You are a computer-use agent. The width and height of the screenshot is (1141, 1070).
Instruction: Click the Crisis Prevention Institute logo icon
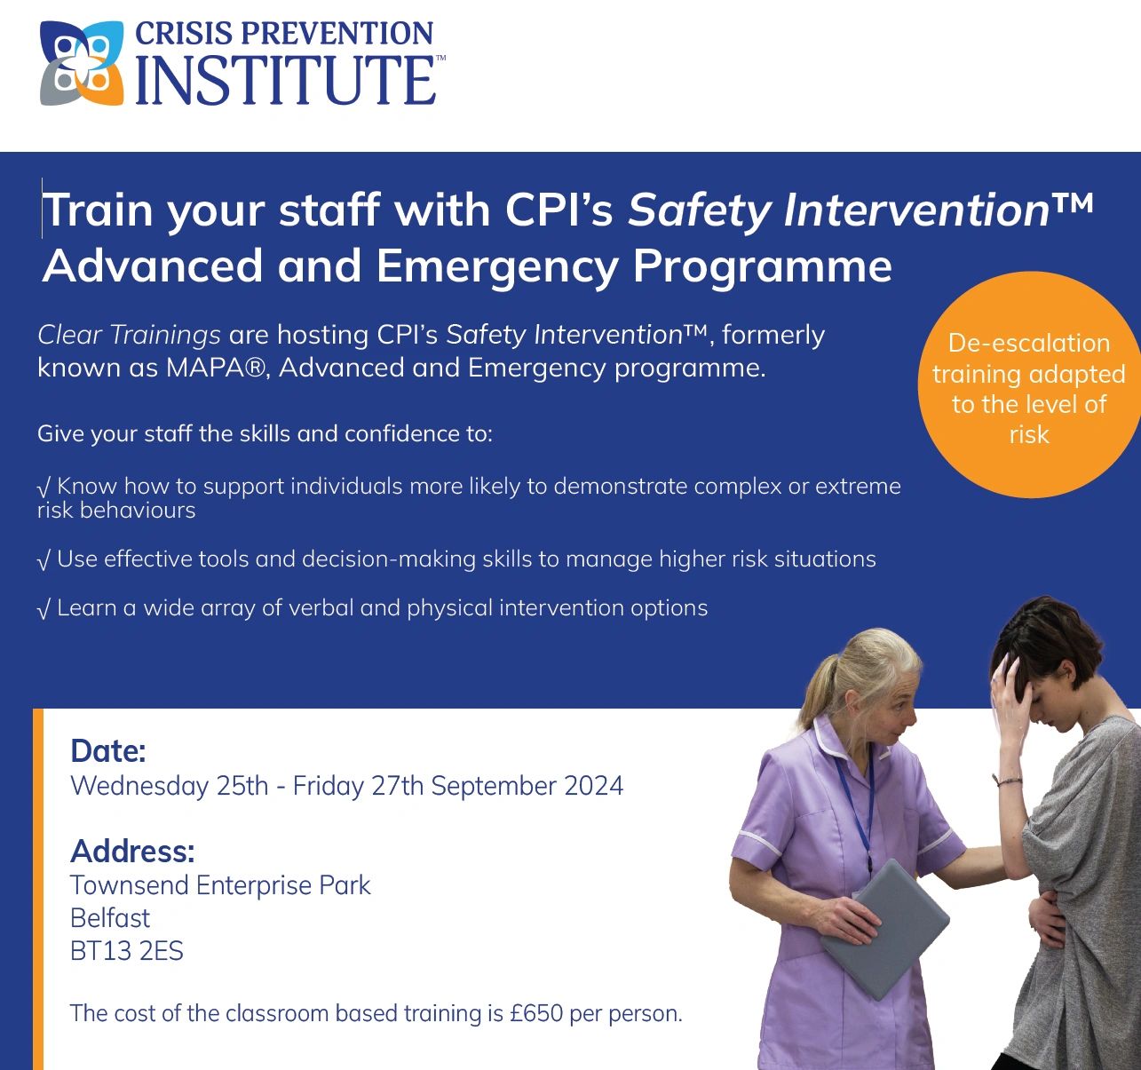pos(82,63)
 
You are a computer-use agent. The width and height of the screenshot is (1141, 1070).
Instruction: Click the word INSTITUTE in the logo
pos(284,80)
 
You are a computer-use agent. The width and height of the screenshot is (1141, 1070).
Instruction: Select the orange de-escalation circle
pos(1028,385)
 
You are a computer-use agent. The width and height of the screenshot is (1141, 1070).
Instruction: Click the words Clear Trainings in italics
pos(129,335)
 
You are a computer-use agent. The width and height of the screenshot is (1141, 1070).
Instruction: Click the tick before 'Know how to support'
pos(44,487)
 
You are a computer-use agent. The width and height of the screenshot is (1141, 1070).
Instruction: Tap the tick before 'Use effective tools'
pos(44,559)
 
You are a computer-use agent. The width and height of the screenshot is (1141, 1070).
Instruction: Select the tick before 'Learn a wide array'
pos(44,608)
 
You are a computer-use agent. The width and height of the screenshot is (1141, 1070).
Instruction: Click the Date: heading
pos(107,751)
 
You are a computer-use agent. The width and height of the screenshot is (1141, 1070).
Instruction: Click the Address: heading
pos(132,851)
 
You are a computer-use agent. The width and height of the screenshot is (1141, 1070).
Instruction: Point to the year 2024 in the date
pos(593,786)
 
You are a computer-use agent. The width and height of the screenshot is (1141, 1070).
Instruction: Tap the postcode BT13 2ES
pos(126,952)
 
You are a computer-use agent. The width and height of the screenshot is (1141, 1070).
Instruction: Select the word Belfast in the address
pos(110,918)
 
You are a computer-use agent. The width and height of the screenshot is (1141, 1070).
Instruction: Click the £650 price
pos(536,1013)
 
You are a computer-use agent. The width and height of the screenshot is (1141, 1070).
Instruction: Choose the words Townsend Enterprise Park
pos(220,885)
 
